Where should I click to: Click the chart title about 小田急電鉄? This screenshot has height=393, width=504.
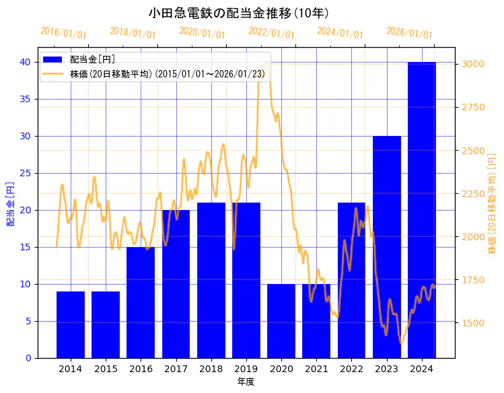click(238, 13)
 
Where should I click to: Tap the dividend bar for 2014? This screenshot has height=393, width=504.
click(71, 324)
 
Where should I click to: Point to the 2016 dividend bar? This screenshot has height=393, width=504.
click(141, 302)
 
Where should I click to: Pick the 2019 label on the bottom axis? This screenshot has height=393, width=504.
click(246, 369)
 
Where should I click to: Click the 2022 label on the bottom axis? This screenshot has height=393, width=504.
click(351, 369)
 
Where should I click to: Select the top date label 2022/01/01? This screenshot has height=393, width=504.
click(271, 33)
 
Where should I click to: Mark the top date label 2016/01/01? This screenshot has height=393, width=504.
click(63, 33)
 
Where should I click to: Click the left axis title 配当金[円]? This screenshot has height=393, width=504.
click(10, 203)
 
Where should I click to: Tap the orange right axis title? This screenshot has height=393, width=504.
click(492, 203)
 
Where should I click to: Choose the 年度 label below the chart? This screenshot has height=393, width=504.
click(246, 382)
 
